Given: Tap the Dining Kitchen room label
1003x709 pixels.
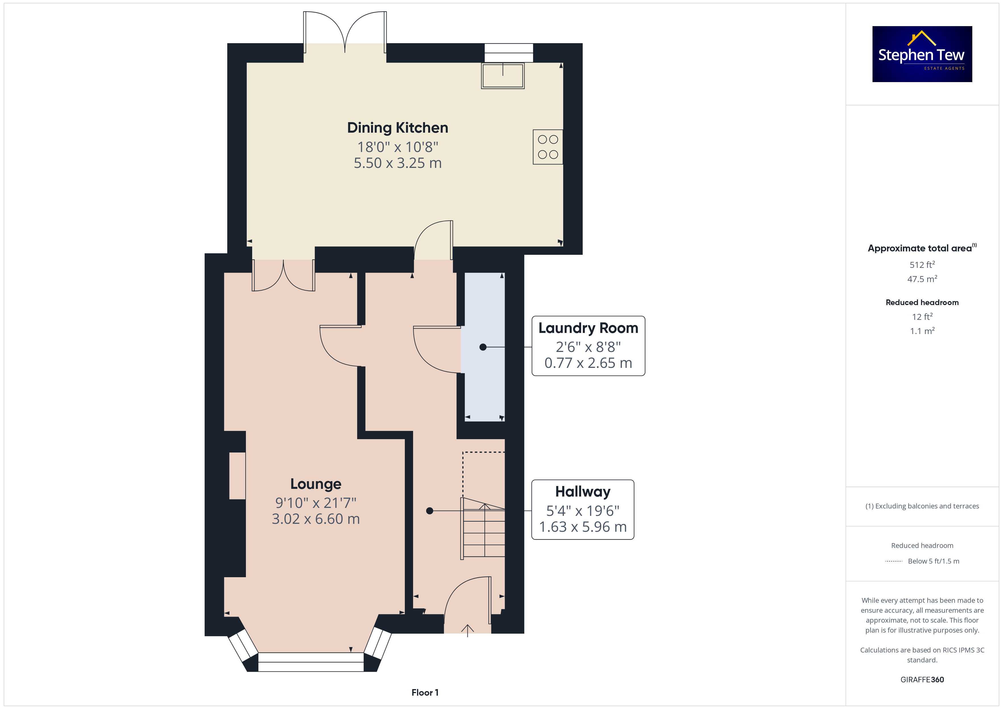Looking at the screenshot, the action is pyautogui.click(x=397, y=128).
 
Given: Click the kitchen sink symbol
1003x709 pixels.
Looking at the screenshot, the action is pyautogui.click(x=503, y=76).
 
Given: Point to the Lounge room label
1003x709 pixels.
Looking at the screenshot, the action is pyautogui.click(x=316, y=484).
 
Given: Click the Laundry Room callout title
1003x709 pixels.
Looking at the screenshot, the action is pyautogui.click(x=588, y=328).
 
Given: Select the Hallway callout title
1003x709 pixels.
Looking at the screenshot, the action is pyautogui.click(x=583, y=492).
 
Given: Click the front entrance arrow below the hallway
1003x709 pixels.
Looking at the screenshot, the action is pyautogui.click(x=467, y=630).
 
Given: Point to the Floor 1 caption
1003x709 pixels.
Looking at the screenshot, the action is pyautogui.click(x=425, y=693).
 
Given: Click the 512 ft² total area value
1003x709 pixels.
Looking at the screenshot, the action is pyautogui.click(x=922, y=264).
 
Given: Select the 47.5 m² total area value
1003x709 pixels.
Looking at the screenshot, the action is pyautogui.click(x=922, y=279).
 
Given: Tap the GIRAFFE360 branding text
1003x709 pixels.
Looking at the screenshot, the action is pyautogui.click(x=922, y=680).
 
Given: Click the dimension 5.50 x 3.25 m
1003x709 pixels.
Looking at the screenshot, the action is pyautogui.click(x=397, y=163).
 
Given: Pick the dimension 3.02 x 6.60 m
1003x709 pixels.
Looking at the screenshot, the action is pyautogui.click(x=316, y=519).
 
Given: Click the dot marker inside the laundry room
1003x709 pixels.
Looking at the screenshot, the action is pyautogui.click(x=483, y=347).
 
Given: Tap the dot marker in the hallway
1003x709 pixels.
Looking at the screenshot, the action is pyautogui.click(x=429, y=511).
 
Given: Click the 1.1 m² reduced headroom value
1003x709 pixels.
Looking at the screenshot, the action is pyautogui.click(x=922, y=331).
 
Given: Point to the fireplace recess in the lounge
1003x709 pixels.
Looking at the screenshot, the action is pyautogui.click(x=237, y=476).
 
